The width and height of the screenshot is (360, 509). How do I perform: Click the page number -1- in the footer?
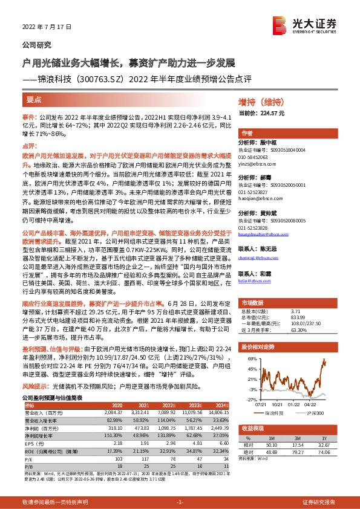click(179, 502)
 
